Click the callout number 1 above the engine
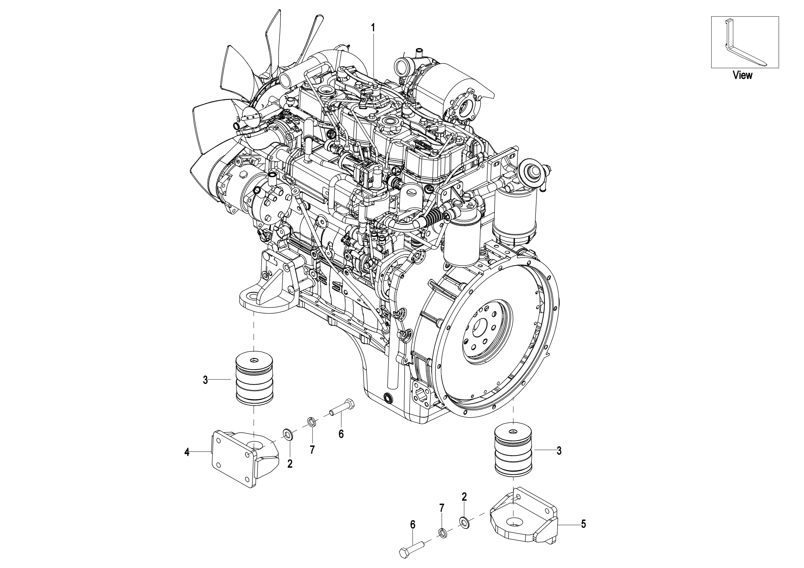[x=373, y=27]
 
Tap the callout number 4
[x=187, y=452]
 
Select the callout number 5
[x=583, y=524]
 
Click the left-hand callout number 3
[x=206, y=380]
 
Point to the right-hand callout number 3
[x=559, y=451]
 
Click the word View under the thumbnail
[x=742, y=75]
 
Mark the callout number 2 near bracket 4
[x=289, y=464]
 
